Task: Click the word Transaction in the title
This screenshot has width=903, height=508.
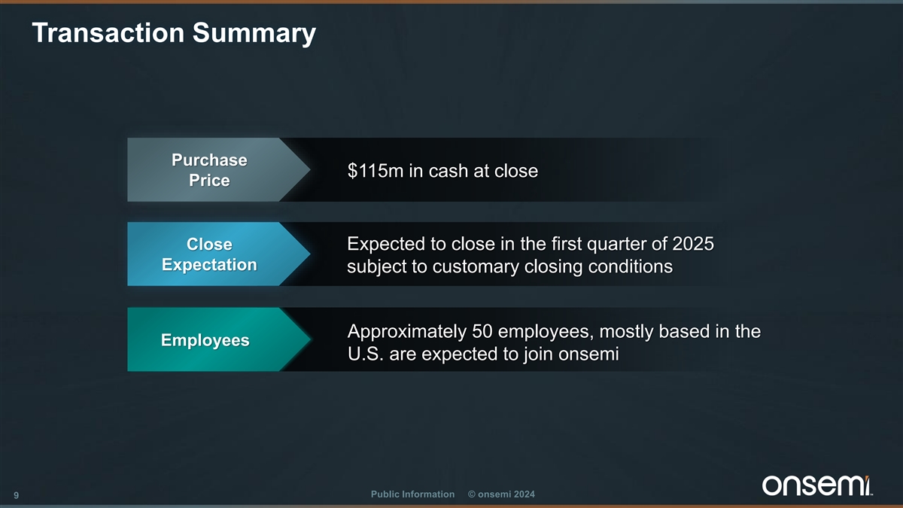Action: click(x=108, y=32)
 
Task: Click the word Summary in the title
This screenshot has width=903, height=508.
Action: click(x=254, y=34)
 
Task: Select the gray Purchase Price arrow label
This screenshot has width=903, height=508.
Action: click(x=218, y=170)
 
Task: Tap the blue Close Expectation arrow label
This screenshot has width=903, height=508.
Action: click(x=218, y=254)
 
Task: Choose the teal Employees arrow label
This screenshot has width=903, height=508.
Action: click(x=218, y=339)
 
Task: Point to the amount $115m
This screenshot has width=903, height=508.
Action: click(x=375, y=171)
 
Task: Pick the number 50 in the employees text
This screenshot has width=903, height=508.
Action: click(x=482, y=331)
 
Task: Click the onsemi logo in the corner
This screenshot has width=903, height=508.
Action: click(x=817, y=485)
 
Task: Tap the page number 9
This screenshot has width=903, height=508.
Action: click(x=16, y=495)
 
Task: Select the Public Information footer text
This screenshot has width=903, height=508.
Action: click(x=412, y=494)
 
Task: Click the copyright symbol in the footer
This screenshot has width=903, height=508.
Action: click(x=471, y=494)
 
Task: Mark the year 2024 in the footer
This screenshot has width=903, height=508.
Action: click(x=524, y=494)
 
